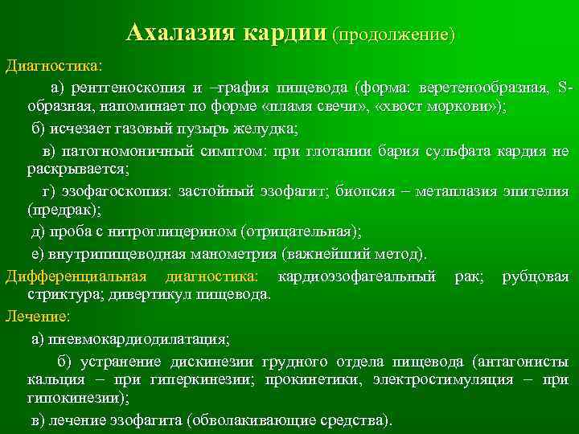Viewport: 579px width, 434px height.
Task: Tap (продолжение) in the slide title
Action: pyautogui.click(x=395, y=35)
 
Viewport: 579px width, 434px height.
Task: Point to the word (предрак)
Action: pyautogui.click(x=53, y=212)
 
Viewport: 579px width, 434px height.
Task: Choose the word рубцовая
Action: pyautogui.click(x=536, y=276)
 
